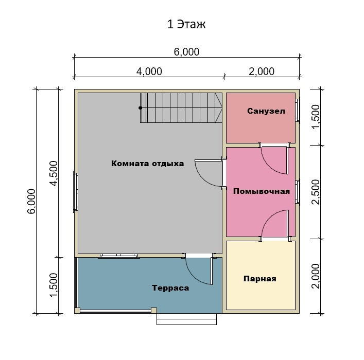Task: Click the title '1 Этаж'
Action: point(186,24)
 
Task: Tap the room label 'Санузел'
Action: point(266,111)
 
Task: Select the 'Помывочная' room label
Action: point(262,191)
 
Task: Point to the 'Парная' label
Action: point(260,278)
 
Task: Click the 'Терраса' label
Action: point(170,288)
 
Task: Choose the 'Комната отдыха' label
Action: point(148,164)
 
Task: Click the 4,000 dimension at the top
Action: point(149,71)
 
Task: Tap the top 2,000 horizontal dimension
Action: point(262,71)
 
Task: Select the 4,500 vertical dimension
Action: point(54,173)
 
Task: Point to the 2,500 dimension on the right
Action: point(316,192)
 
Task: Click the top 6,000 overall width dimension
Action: point(186,52)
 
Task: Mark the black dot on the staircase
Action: point(140,108)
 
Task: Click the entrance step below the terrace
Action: point(187,319)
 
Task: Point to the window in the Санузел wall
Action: point(298,110)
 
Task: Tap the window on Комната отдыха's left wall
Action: point(76,191)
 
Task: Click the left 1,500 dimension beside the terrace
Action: point(54,285)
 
